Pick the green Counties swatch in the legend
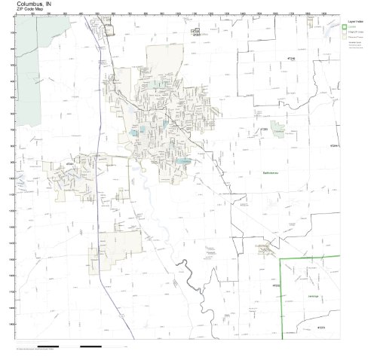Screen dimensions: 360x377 (344, 29)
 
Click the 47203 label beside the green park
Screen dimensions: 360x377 (264, 129)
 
